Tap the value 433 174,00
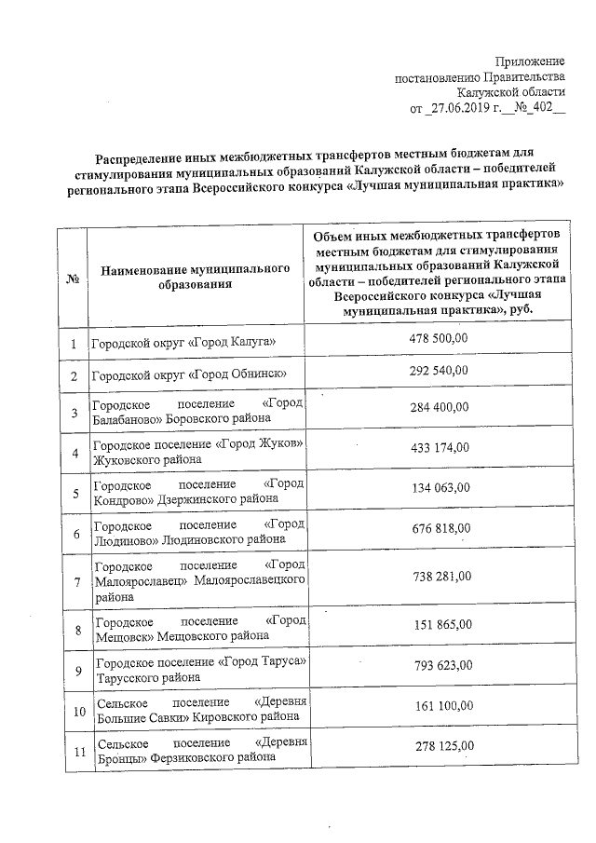[439, 447]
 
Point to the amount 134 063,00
[440, 486]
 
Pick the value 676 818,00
[440, 528]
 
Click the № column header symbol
[72, 278]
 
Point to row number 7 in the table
[74, 582]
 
